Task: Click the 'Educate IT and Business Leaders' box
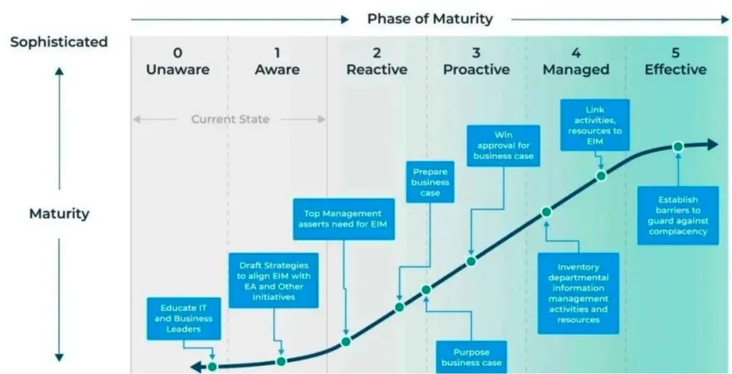coord(184,318)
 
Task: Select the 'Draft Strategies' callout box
coord(274,280)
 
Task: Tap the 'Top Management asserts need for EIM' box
coord(344,219)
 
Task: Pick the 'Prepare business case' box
coord(430,183)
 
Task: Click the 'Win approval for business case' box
coord(503,146)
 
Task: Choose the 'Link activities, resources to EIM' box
coord(595,125)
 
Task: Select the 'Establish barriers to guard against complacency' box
coord(678,215)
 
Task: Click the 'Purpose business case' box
coord(472,357)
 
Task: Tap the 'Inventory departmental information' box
coord(578,294)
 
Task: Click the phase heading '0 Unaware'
coord(178,61)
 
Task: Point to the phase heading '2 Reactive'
coord(377,61)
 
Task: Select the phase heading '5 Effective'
coord(676,61)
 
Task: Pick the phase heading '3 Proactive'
coord(476,61)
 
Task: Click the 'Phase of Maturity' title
coord(430,19)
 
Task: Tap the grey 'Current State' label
coord(230,119)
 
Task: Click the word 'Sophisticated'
coord(59,41)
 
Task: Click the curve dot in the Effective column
coord(678,147)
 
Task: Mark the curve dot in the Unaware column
coord(212,367)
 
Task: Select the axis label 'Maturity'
coord(59,214)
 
